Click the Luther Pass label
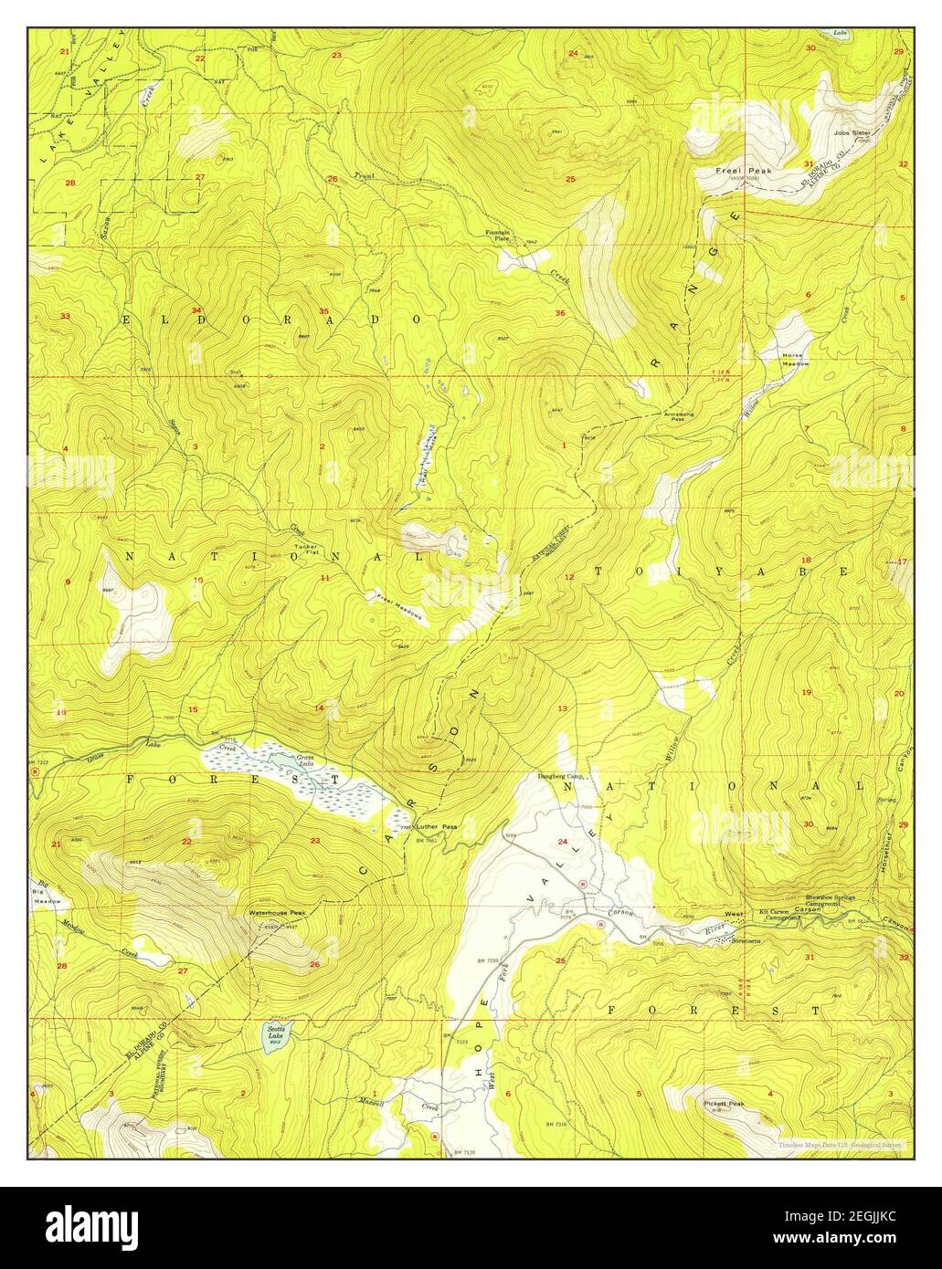point(436,826)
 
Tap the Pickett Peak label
point(725,1104)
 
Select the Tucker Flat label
point(305,550)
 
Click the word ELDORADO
point(271,320)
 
